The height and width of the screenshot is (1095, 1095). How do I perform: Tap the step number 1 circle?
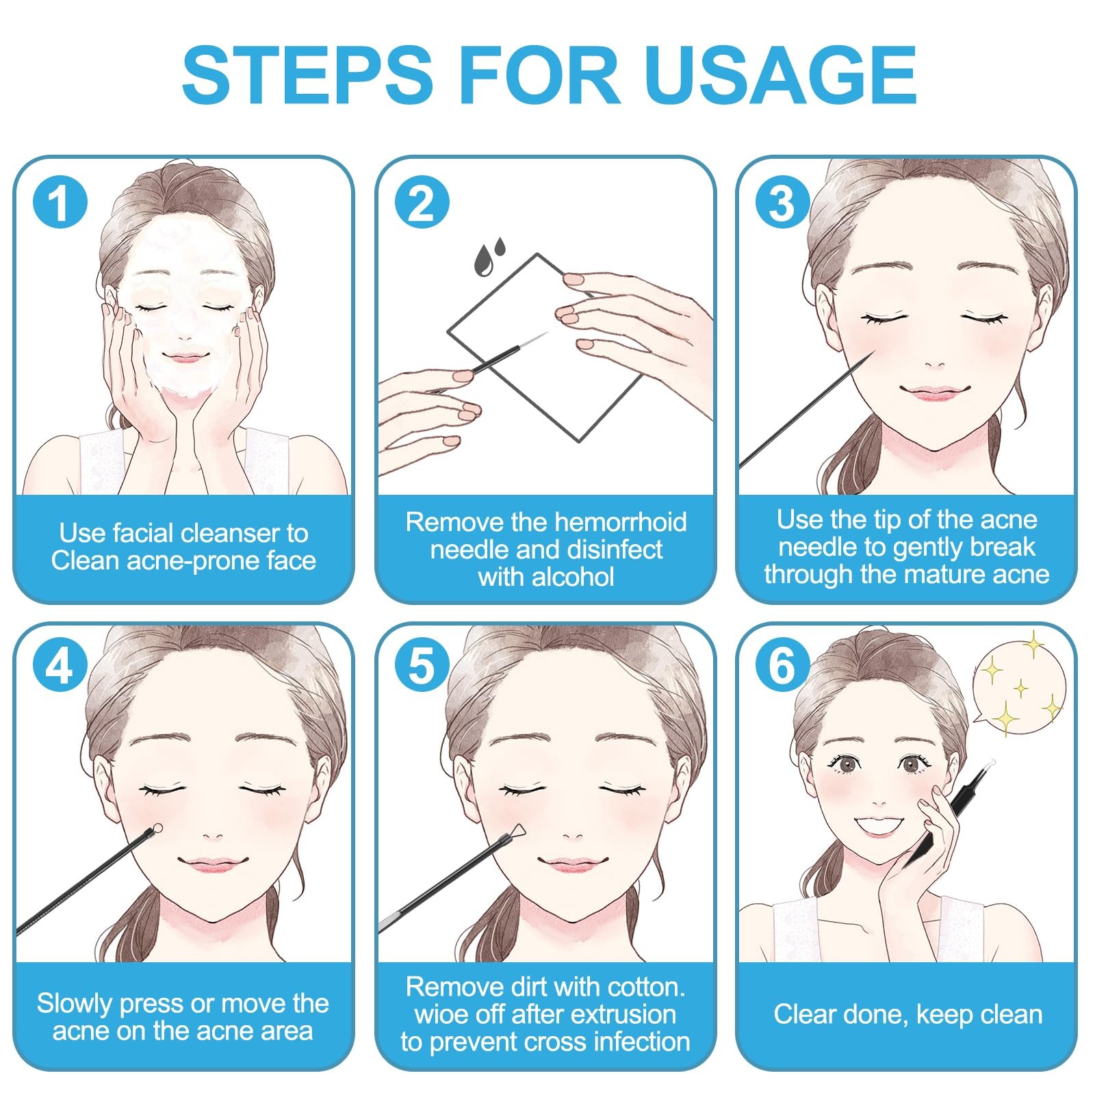61,203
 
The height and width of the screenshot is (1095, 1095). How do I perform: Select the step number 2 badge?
422,203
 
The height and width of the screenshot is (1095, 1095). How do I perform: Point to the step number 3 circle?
783,203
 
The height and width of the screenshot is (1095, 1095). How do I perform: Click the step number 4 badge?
61,665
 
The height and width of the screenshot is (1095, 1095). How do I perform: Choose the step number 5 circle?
422,665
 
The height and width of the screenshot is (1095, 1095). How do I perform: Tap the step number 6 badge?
783,665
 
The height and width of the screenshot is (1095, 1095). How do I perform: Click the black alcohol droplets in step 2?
489,256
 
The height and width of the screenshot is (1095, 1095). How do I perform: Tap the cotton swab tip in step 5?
517,831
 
